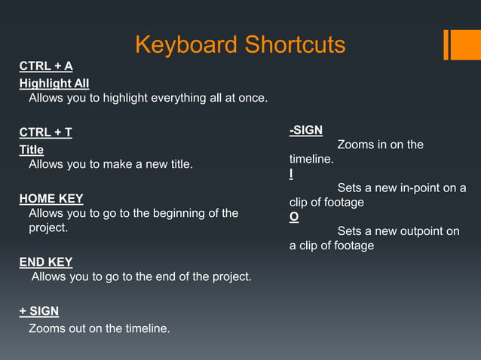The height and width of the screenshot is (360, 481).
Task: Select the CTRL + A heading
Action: pyautogui.click(x=46, y=66)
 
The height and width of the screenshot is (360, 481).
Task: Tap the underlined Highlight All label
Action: pyautogui.click(x=54, y=83)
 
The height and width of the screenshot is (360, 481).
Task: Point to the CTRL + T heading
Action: pyautogui.click(x=46, y=133)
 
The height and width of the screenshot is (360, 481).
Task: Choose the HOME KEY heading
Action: pyautogui.click(x=51, y=198)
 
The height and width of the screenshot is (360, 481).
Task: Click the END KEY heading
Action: pyautogui.click(x=46, y=262)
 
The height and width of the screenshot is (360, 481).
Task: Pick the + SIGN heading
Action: pyautogui.click(x=39, y=311)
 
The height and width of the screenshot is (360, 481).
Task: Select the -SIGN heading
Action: pyautogui.click(x=306, y=130)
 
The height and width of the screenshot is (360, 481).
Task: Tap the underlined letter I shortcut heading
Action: pyautogui.click(x=291, y=174)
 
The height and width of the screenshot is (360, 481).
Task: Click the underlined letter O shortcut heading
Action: pyautogui.click(x=294, y=217)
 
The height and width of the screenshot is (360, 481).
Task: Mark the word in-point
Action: pyautogui.click(x=425, y=188)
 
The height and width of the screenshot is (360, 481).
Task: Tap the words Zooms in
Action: pyautogui.click(x=361, y=145)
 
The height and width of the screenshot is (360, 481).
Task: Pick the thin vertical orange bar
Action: pyautogui.click(x=446, y=44)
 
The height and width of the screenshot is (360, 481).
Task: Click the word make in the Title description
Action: pyautogui.click(x=112, y=164)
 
